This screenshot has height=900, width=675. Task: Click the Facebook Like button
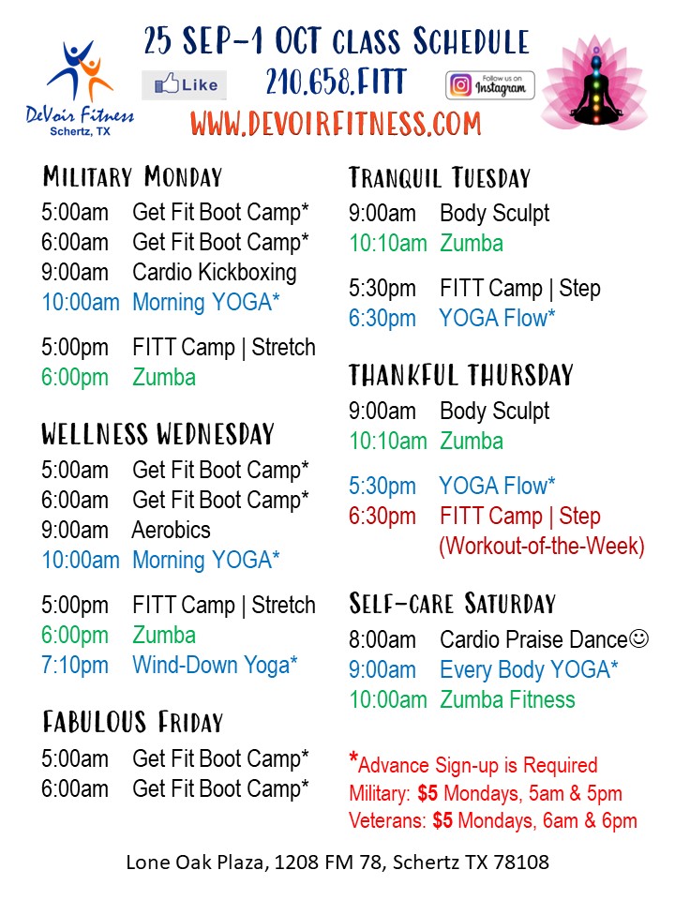pos(185,85)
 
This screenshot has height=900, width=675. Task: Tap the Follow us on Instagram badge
pos(490,85)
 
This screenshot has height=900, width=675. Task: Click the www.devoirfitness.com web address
pos(336,124)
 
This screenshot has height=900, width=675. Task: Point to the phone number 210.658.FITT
pos(337,82)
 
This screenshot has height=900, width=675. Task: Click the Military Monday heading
pos(132,177)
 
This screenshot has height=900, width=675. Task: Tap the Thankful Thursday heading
pos(461,375)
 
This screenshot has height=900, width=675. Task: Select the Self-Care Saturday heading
pos(453,604)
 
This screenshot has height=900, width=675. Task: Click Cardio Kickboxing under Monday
pos(215,272)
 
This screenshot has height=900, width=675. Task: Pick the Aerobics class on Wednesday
pos(171,530)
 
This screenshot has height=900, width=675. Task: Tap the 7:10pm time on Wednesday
pos(75,666)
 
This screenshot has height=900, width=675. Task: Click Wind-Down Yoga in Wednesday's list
pos(216,666)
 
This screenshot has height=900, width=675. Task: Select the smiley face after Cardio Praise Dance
pos(638,638)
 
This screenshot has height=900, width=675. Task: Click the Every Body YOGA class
pos(529,669)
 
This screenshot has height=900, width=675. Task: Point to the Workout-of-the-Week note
pos(542,546)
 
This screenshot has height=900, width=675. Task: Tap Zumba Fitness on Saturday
pos(507,699)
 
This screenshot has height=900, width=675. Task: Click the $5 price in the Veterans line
pos(442,821)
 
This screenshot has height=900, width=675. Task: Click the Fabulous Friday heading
pos(132,722)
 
